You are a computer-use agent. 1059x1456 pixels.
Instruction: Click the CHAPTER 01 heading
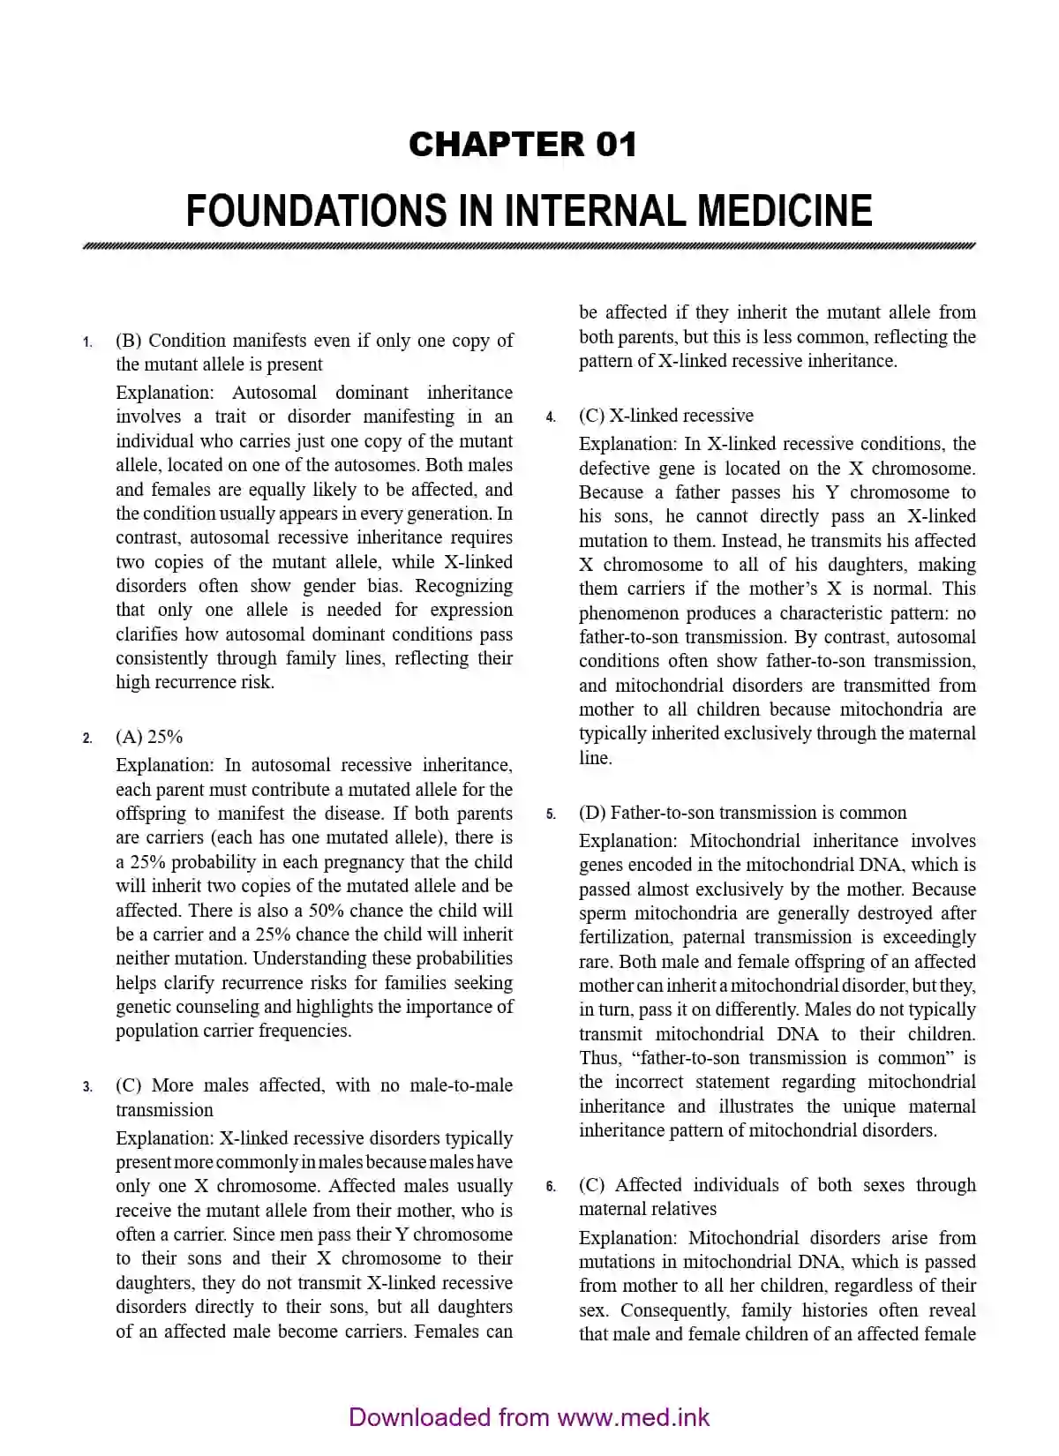(522, 144)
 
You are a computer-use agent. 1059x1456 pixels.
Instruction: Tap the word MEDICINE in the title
(785, 211)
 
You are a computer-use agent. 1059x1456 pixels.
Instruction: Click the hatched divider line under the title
(529, 246)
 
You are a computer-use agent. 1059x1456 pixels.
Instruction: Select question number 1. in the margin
(87, 342)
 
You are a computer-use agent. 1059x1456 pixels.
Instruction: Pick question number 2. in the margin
(87, 739)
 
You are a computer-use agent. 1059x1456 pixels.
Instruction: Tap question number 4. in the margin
(551, 417)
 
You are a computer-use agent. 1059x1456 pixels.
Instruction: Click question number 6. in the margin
(551, 1187)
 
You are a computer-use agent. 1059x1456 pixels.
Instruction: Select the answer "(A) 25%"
(149, 737)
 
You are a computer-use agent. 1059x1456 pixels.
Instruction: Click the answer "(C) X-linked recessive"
(665, 416)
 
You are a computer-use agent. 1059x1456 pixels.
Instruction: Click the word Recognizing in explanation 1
(463, 586)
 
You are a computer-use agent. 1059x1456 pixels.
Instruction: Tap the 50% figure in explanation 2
(325, 910)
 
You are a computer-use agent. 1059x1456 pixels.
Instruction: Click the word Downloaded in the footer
(419, 1417)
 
